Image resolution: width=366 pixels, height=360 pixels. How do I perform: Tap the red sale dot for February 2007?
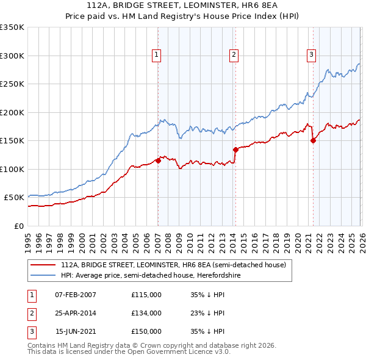(x=158, y=160)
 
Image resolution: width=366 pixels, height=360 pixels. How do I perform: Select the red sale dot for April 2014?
(x=235, y=149)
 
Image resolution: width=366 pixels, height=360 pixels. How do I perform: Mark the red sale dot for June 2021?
(x=313, y=140)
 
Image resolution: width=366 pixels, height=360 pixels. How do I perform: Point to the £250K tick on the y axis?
(x=12, y=84)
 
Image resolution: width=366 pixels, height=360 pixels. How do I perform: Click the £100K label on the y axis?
(x=12, y=169)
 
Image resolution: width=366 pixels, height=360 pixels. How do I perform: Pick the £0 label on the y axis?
(x=19, y=226)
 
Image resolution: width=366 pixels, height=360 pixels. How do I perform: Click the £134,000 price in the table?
(x=146, y=313)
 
